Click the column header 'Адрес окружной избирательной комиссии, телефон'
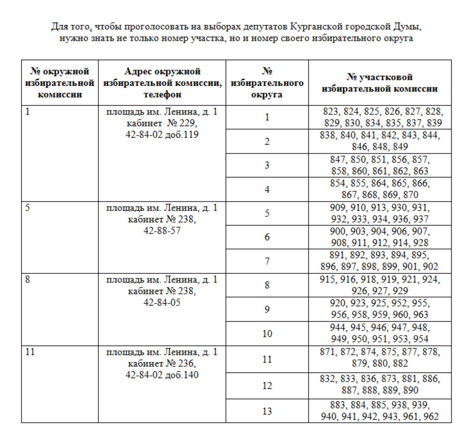point(162,82)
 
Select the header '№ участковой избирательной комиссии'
point(380,82)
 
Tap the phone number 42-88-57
point(162,231)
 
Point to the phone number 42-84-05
point(162,302)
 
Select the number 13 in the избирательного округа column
point(267,411)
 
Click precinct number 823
point(331,112)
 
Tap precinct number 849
point(400,147)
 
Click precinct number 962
point(430,417)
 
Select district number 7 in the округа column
point(267,262)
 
